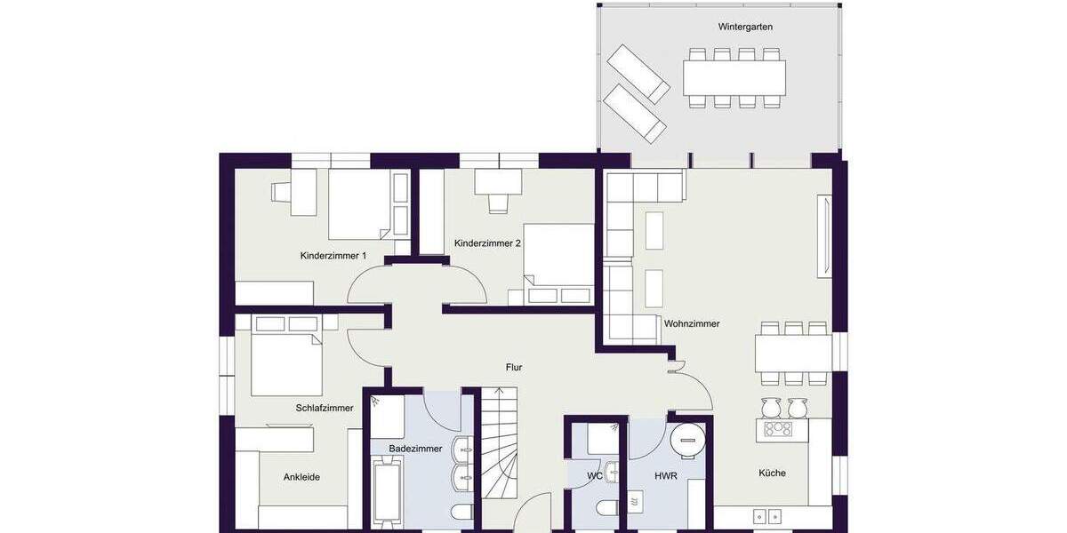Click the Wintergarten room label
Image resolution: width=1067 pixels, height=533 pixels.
pyautogui.click(x=745, y=27)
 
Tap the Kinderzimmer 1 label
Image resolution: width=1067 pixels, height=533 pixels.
pyautogui.click(x=333, y=256)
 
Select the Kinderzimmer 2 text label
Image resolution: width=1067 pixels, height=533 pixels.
pyautogui.click(x=486, y=243)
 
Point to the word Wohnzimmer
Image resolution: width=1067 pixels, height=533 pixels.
pyautogui.click(x=692, y=324)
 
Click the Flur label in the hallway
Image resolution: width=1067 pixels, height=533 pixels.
pyautogui.click(x=514, y=367)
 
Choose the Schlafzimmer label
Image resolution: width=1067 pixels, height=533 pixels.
pyautogui.click(x=325, y=409)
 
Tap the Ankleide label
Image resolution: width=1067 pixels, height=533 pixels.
pyautogui.click(x=301, y=477)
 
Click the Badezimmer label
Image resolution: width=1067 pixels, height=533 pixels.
pyautogui.click(x=415, y=449)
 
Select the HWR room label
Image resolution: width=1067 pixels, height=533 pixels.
pyautogui.click(x=666, y=476)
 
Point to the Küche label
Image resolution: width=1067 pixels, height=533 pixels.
pyautogui.click(x=772, y=473)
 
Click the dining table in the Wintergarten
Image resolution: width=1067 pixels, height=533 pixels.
pyautogui.click(x=734, y=78)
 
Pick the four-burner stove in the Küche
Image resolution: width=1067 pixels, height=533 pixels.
pyautogui.click(x=778, y=429)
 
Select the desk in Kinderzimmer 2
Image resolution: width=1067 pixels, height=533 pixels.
pyautogui.click(x=498, y=181)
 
